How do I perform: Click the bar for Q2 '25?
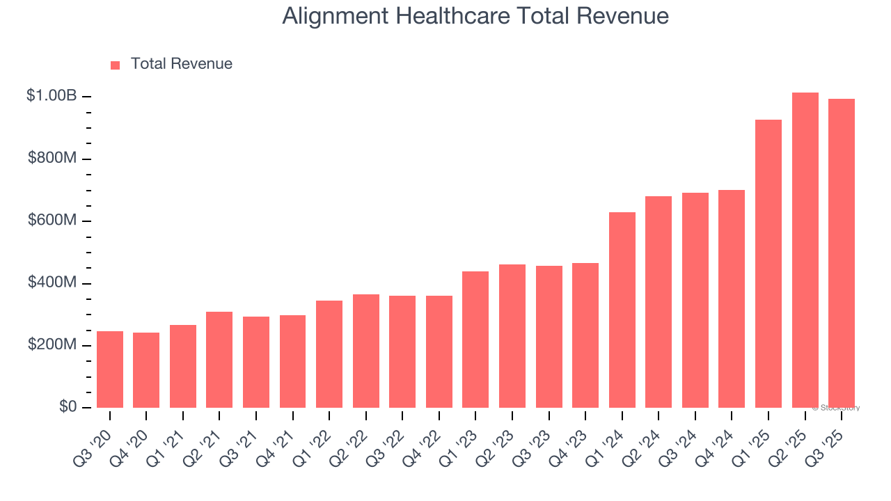coord(805,250)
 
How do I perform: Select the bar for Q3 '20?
coord(110,369)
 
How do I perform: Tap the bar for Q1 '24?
coord(622,310)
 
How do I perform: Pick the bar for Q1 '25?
coord(768,264)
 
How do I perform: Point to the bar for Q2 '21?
coord(219,360)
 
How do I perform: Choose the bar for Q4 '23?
coord(585,335)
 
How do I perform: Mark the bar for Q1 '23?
coord(475,340)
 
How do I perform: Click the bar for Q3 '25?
coord(842,253)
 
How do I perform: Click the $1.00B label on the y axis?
coord(52,96)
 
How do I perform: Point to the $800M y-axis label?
coord(52,159)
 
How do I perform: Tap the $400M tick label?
coord(52,283)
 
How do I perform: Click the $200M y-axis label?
coord(52,346)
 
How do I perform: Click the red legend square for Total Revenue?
coord(116,65)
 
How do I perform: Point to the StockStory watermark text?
coord(836,408)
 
